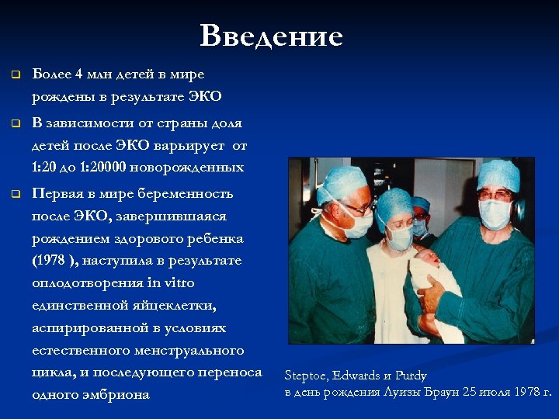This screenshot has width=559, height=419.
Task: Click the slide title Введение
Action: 271,36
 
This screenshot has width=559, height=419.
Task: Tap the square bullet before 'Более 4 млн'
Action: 14,74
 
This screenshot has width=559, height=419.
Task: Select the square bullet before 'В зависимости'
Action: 14,123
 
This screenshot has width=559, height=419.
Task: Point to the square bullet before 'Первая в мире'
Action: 14,194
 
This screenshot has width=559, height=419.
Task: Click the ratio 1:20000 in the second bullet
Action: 118,168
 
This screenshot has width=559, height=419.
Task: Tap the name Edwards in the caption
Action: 358,376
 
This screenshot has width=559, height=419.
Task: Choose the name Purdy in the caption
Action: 411,376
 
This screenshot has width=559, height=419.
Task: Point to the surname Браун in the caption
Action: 438,391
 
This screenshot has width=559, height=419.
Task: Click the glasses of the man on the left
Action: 356,208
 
